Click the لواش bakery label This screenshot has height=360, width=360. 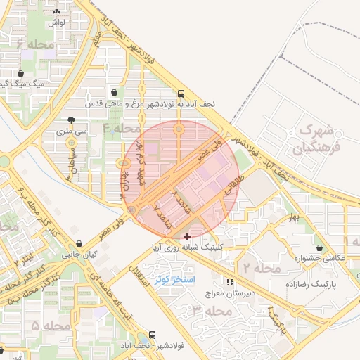(57, 22)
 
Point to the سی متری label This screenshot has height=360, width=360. (72, 131)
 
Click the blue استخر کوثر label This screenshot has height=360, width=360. (179, 280)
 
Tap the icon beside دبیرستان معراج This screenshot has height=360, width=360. (230, 282)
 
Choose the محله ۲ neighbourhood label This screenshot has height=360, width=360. (262, 268)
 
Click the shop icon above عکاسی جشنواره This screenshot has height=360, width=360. (321, 247)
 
